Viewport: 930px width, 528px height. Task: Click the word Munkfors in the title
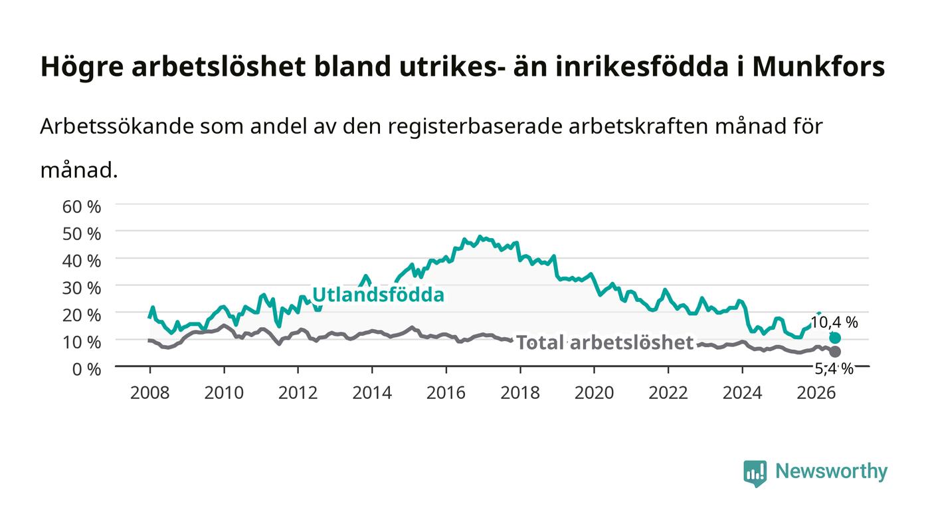[x=818, y=66]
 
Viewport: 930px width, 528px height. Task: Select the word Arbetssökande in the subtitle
[x=117, y=126]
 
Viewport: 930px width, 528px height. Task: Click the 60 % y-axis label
[x=82, y=207]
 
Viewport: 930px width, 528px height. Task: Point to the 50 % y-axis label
[x=82, y=233]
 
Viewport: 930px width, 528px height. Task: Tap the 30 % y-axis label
[x=82, y=288]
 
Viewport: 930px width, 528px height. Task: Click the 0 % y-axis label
[x=87, y=369]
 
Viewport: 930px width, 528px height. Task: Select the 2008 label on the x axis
[x=150, y=392]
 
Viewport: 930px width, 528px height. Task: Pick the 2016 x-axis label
[x=446, y=392]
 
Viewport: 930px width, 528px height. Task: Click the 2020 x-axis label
[x=594, y=392]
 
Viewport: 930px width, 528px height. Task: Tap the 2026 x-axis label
[x=816, y=392]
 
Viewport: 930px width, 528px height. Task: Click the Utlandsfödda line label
[x=378, y=295]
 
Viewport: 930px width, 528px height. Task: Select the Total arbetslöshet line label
[x=605, y=342]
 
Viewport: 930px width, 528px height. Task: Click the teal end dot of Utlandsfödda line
[x=835, y=338]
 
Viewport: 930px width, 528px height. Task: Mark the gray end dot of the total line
[x=835, y=351]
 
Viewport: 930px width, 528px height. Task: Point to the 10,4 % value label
[x=834, y=323]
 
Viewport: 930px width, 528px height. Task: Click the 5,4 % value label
[x=834, y=368]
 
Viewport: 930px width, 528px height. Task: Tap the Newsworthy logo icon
[x=755, y=473]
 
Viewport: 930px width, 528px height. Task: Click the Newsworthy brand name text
[x=831, y=471]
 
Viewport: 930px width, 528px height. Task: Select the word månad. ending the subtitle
[x=79, y=170]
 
